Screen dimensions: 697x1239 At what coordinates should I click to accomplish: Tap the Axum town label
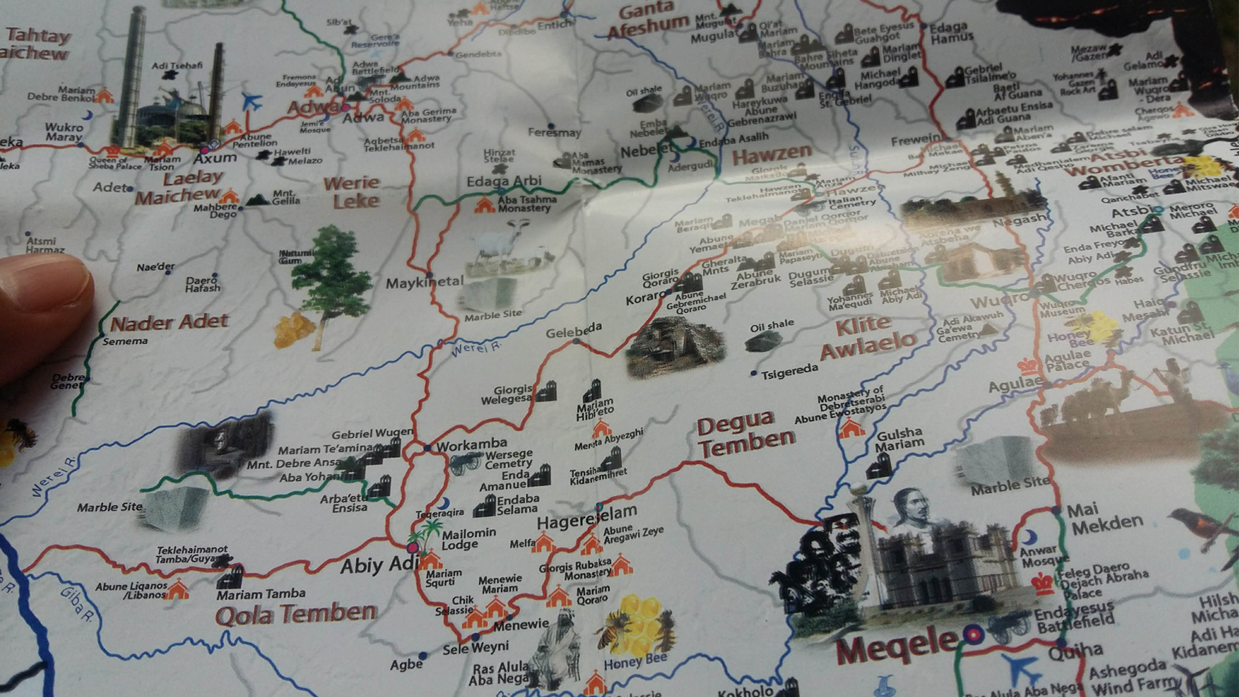pos(216,157)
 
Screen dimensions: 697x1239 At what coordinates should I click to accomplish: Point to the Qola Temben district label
pos(296,614)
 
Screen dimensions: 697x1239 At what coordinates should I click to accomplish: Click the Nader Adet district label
pos(170,322)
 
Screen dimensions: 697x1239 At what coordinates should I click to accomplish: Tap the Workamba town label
pos(472,445)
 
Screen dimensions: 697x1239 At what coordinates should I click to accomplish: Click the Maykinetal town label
pos(424,282)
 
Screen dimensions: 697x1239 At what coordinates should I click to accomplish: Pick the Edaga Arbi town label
pos(503,181)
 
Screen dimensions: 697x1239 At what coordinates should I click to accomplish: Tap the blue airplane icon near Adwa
pos(252,101)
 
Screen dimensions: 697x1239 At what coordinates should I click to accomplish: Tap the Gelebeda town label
pos(573,331)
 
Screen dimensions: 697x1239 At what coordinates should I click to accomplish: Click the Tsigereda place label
pos(789,372)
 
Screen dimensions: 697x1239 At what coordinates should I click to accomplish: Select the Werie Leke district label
pos(351,192)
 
